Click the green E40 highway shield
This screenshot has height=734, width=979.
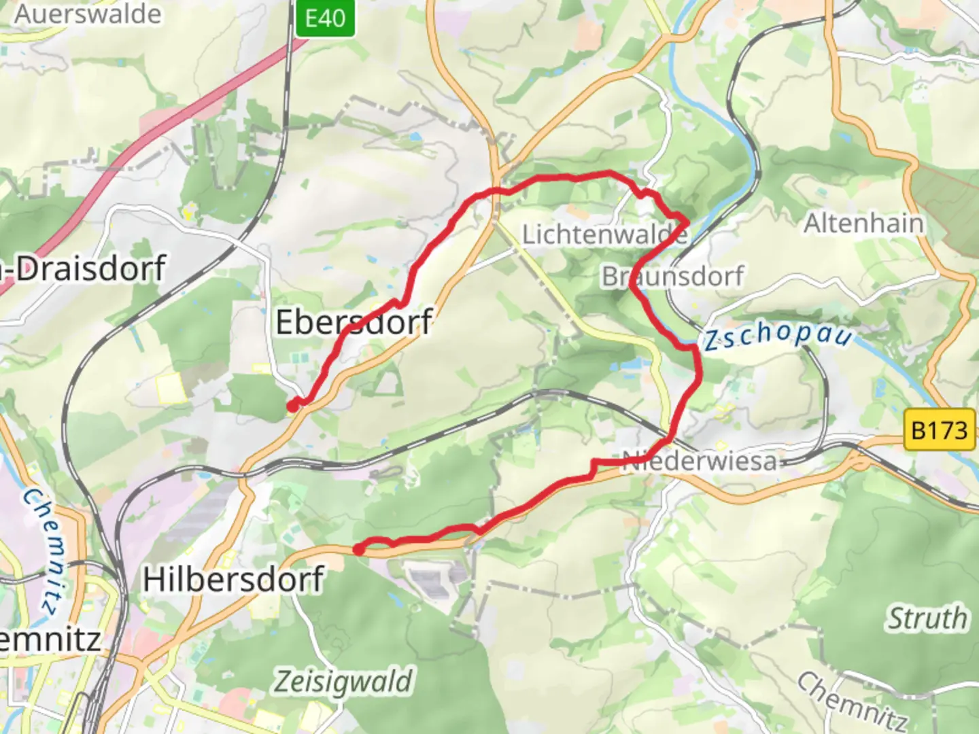pyautogui.click(x=325, y=17)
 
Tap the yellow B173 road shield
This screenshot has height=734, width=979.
pyautogui.click(x=939, y=430)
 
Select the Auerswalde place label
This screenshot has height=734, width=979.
pyautogui.click(x=88, y=14)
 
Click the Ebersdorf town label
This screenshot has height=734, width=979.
pyautogui.click(x=354, y=321)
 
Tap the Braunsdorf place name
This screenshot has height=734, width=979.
pyautogui.click(x=672, y=277)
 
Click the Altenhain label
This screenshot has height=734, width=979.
pyautogui.click(x=863, y=223)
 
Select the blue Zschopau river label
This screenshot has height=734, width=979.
pyautogui.click(x=776, y=335)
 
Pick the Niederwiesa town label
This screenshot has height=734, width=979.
pyautogui.click(x=700, y=461)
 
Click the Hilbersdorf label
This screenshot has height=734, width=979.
pyautogui.click(x=233, y=580)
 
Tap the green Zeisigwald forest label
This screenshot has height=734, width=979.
pyautogui.click(x=343, y=681)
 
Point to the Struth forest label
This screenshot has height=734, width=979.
pyautogui.click(x=927, y=618)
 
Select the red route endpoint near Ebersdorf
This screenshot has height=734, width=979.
pyautogui.click(x=292, y=406)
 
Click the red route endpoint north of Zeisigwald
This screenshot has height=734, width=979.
pyautogui.click(x=358, y=549)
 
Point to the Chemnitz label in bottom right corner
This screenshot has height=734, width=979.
pyautogui.click(x=853, y=700)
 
